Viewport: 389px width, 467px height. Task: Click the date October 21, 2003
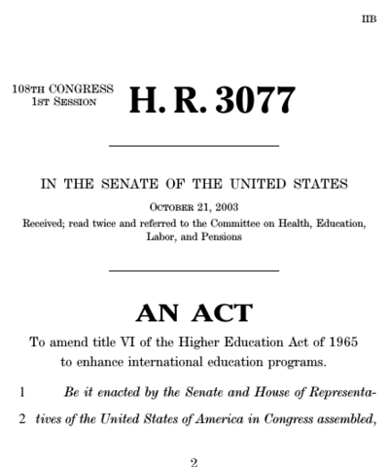click(x=194, y=207)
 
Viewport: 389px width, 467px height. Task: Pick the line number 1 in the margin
click(x=21, y=391)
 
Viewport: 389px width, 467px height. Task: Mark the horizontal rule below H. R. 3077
click(x=194, y=146)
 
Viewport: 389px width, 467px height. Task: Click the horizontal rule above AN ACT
click(x=194, y=270)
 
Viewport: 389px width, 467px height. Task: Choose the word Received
click(x=49, y=222)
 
